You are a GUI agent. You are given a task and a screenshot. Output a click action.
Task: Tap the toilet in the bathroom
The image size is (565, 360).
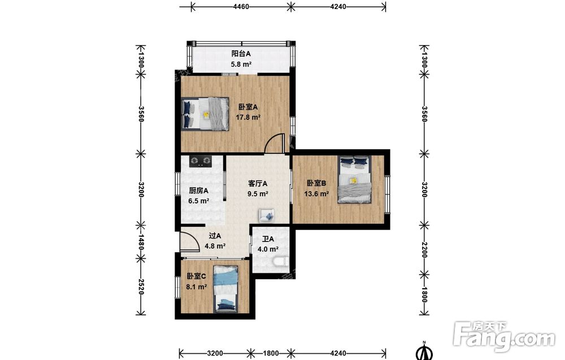[x=280, y=262]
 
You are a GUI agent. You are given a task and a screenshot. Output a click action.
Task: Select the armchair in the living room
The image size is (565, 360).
[x=266, y=215]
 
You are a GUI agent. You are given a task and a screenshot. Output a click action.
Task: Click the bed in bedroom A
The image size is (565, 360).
[x=205, y=114]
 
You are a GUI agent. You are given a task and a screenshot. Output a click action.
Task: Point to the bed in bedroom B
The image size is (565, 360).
[x=354, y=180]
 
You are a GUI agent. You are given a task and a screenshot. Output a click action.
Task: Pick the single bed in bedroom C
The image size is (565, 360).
[x=225, y=289]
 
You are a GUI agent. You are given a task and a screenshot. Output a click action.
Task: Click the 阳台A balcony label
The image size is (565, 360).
[x=241, y=54]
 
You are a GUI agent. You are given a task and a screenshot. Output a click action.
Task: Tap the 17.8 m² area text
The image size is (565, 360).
[x=248, y=117]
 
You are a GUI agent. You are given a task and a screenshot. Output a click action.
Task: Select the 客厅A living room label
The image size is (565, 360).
[x=258, y=184]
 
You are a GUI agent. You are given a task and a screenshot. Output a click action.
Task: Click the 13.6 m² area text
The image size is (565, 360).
[x=316, y=194]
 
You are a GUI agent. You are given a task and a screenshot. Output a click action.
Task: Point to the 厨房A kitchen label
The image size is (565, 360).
[x=198, y=190]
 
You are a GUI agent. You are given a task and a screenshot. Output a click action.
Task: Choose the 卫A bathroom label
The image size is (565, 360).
[x=268, y=239]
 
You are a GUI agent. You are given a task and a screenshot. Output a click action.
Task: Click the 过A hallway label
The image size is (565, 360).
[x=215, y=236]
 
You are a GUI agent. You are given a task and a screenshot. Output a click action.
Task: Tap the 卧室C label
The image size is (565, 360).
[x=197, y=276]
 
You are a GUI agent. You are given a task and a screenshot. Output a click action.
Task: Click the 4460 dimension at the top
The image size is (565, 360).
[x=241, y=6]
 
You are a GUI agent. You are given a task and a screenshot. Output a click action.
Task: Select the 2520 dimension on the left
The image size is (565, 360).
[x=141, y=287]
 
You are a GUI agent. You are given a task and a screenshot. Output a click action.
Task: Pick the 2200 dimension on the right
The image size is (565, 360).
[x=424, y=250]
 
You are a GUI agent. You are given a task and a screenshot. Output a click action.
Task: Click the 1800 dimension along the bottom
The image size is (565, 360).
[x=271, y=353]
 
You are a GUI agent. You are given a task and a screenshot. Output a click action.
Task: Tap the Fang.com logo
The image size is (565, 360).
[x=504, y=336]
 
